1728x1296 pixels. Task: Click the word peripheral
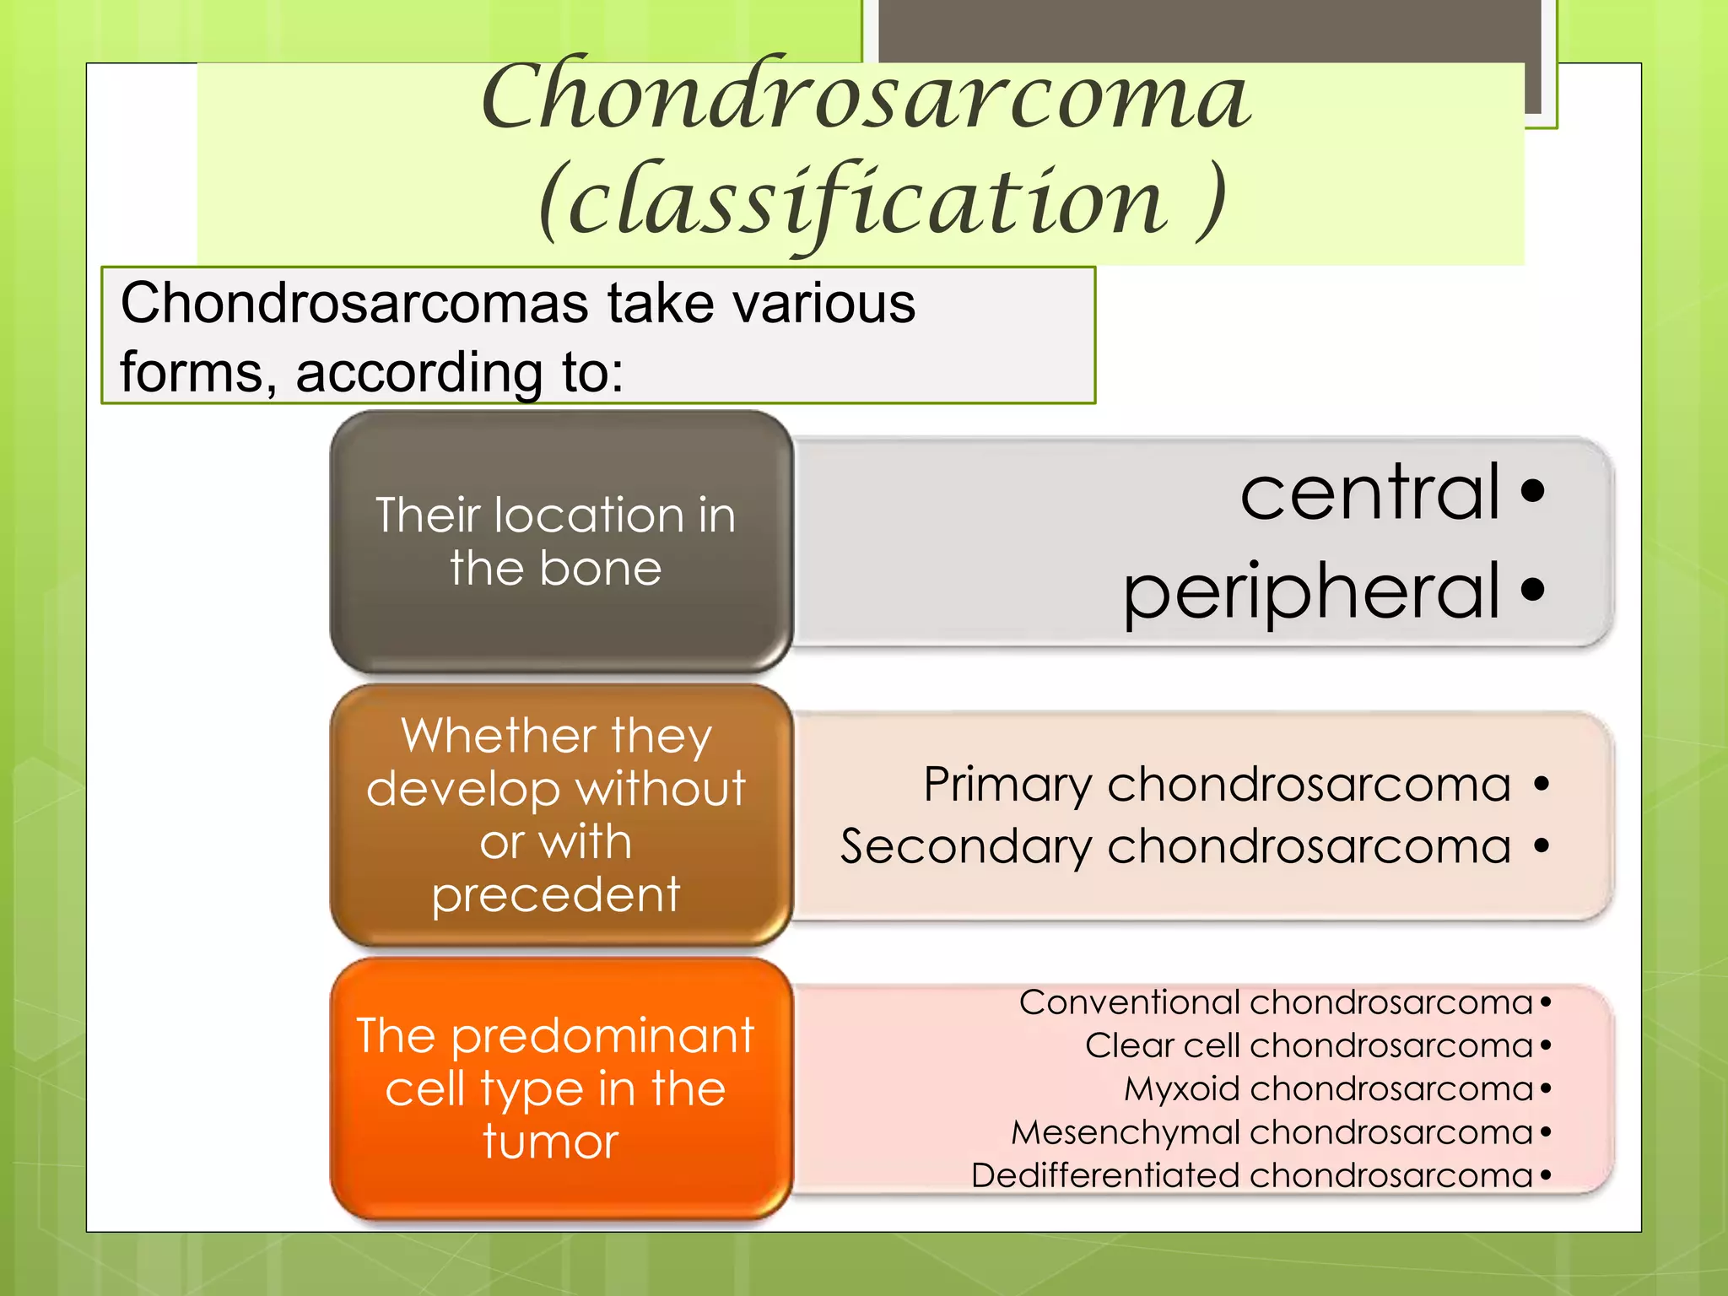coord(1311,592)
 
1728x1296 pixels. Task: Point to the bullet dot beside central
coord(1533,490)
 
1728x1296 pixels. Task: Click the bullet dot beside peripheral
coord(1533,590)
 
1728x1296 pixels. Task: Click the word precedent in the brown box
coord(555,894)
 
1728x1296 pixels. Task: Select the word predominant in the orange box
coord(602,1036)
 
